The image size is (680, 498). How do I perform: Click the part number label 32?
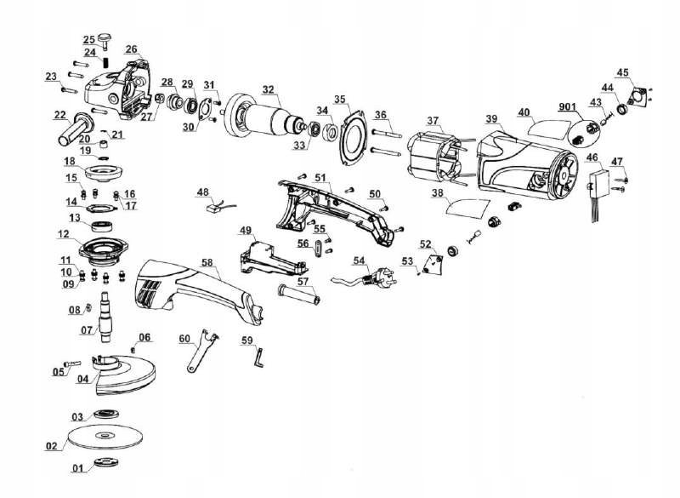[269, 89]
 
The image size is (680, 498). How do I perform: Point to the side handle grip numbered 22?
[72, 129]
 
